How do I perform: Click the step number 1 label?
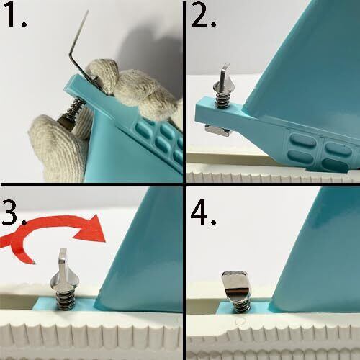[14, 14]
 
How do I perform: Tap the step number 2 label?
[204, 14]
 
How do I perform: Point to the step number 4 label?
[203, 212]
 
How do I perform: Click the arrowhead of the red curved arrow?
[92, 228]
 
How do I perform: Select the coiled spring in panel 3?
[66, 300]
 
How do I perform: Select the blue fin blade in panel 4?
[319, 259]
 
